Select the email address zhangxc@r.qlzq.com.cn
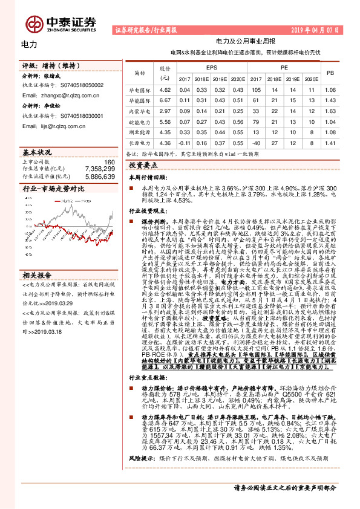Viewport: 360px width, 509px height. pos(54,95)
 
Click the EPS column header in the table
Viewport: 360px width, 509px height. pos(212,68)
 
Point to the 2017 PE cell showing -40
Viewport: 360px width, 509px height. pos(256,143)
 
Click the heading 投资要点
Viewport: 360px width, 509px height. pos(143,164)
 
